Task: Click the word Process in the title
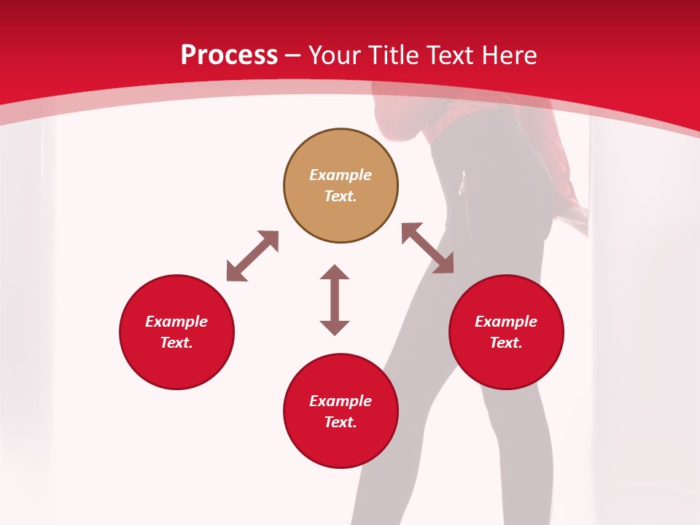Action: click(229, 55)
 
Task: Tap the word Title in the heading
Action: click(397, 55)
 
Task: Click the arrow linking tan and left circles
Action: click(252, 256)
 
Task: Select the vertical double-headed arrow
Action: click(335, 300)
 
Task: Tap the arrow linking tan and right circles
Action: click(427, 248)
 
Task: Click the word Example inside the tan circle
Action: click(341, 175)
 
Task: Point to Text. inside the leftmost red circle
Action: click(176, 343)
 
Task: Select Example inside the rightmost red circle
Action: click(506, 322)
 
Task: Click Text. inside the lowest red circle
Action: click(341, 422)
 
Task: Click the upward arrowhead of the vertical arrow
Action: click(335, 272)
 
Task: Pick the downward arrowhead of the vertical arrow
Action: click(335, 327)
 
